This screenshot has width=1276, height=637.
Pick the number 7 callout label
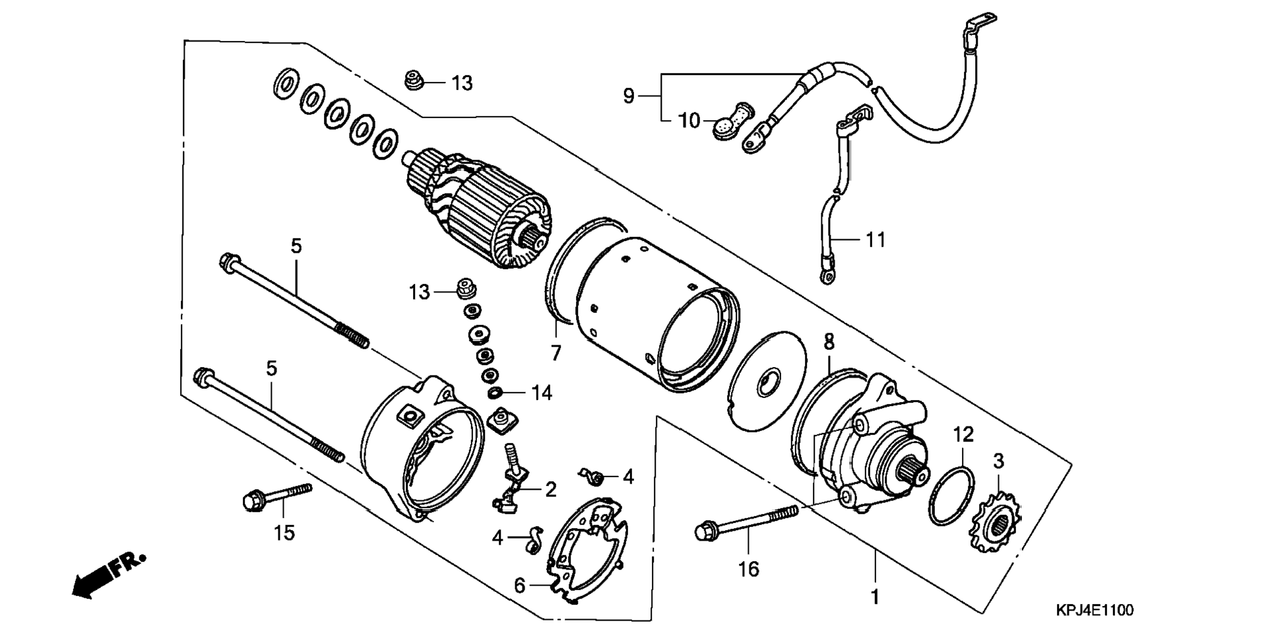556,354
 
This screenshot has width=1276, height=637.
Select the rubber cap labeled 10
732,121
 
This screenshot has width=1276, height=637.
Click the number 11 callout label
876,239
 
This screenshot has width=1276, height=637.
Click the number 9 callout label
628,96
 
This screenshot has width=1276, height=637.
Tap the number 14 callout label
542,393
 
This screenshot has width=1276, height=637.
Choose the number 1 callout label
875,597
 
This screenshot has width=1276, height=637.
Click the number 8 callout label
829,343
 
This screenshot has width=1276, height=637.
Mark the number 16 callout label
749,568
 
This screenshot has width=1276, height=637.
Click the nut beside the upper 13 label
414,81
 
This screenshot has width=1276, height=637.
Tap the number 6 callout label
520,586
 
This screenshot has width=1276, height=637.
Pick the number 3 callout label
998,461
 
